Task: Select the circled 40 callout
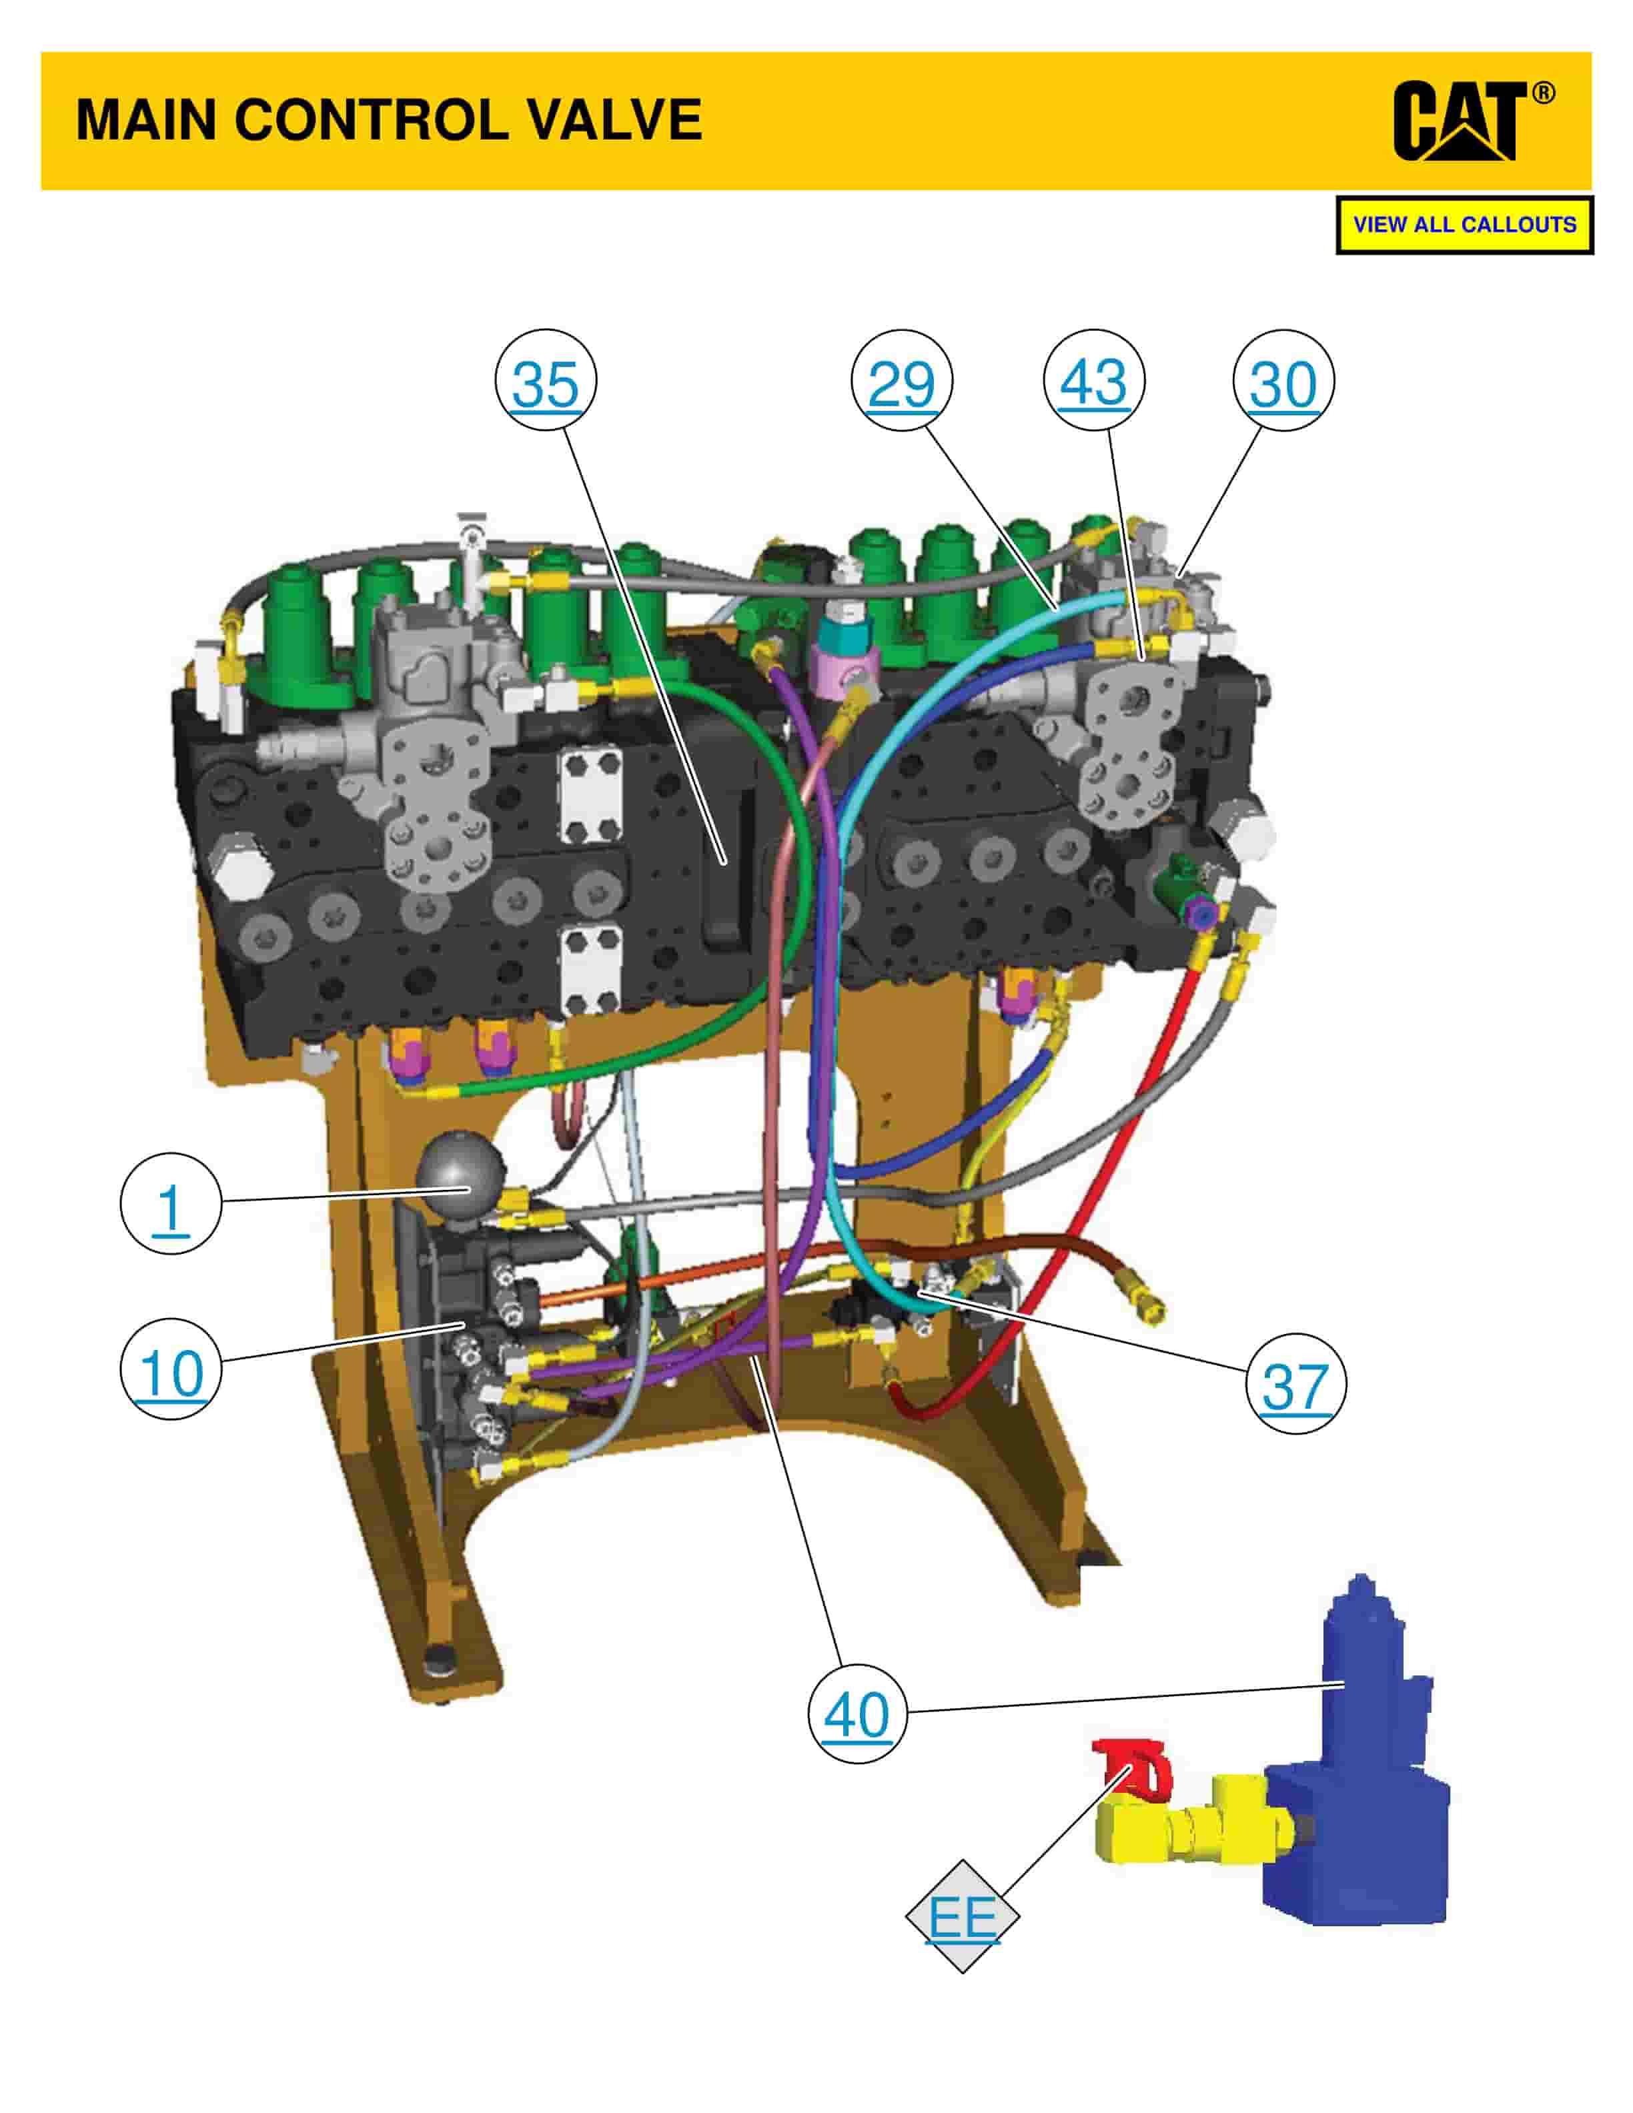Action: (x=857, y=1713)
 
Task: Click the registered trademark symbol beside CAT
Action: (x=1544, y=93)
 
